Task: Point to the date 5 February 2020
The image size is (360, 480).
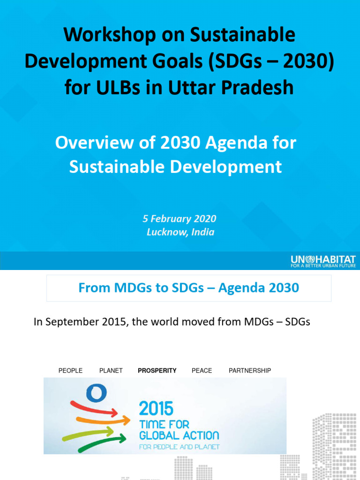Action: pyautogui.click(x=180, y=219)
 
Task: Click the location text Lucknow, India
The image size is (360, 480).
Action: pyautogui.click(x=180, y=232)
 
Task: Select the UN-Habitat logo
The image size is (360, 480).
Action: pyautogui.click(x=323, y=259)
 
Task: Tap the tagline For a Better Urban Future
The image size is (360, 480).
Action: pyautogui.click(x=323, y=266)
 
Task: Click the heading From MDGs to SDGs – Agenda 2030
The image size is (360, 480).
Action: pyautogui.click(x=188, y=288)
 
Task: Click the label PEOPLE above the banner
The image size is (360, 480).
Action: pyautogui.click(x=70, y=371)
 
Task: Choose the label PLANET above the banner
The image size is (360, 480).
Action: pyautogui.click(x=111, y=371)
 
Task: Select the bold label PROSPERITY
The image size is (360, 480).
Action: pyautogui.click(x=157, y=371)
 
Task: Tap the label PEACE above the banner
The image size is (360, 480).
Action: pyautogui.click(x=202, y=371)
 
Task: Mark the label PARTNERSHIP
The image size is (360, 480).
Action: pyautogui.click(x=250, y=371)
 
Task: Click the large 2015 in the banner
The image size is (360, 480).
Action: pyautogui.click(x=156, y=408)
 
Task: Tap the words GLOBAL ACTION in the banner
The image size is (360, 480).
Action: pyautogui.click(x=179, y=435)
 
